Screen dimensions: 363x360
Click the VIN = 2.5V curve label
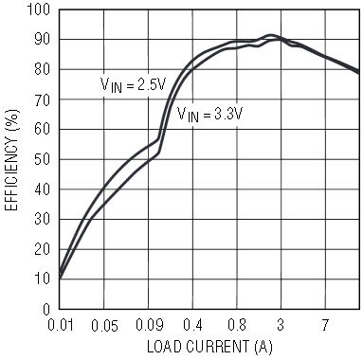click(133, 85)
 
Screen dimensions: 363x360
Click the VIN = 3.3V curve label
click(209, 115)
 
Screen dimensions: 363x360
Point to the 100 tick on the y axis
click(39, 9)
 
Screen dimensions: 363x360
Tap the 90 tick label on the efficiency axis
click(43, 40)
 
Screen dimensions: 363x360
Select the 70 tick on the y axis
click(43, 100)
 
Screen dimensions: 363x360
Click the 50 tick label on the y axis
click(43, 160)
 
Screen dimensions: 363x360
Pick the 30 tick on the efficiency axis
click(43, 219)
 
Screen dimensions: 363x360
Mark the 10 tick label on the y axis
click(43, 279)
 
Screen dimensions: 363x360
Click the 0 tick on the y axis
click(46, 309)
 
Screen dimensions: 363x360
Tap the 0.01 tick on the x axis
click(61, 325)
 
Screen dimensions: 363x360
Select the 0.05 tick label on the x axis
click(104, 325)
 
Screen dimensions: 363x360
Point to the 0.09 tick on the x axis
click(150, 325)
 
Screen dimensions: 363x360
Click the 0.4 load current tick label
click(192, 325)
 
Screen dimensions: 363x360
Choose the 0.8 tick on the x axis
click(237, 325)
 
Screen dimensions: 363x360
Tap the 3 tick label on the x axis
click(281, 325)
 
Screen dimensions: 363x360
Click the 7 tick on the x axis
click(325, 325)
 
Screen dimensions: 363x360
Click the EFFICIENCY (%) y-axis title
click(11, 160)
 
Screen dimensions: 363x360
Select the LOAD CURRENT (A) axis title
click(209, 347)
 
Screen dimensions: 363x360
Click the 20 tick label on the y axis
click(43, 249)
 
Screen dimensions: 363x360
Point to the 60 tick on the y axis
click(43, 130)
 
